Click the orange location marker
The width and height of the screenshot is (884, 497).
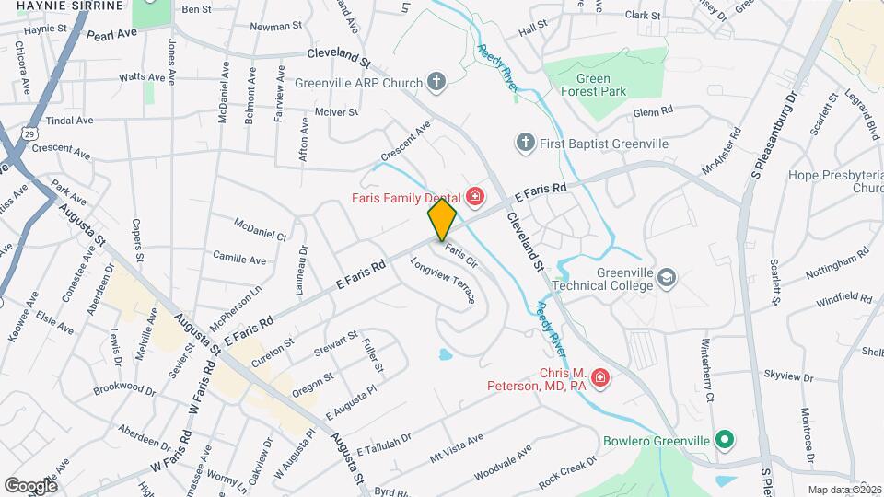coord(442,219)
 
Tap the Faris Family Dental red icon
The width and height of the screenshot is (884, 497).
coord(475,196)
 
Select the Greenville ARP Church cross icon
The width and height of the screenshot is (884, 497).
coord(437,83)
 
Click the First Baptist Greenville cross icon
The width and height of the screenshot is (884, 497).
coord(525,142)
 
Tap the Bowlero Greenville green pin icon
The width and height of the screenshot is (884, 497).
coord(724,441)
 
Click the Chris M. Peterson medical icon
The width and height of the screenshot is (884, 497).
coord(599,378)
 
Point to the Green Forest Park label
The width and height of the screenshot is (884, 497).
coord(595,85)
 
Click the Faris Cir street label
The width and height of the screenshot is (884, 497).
coord(460,255)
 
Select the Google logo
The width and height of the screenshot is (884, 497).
coord(30,485)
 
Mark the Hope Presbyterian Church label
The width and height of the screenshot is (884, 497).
coord(835,181)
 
